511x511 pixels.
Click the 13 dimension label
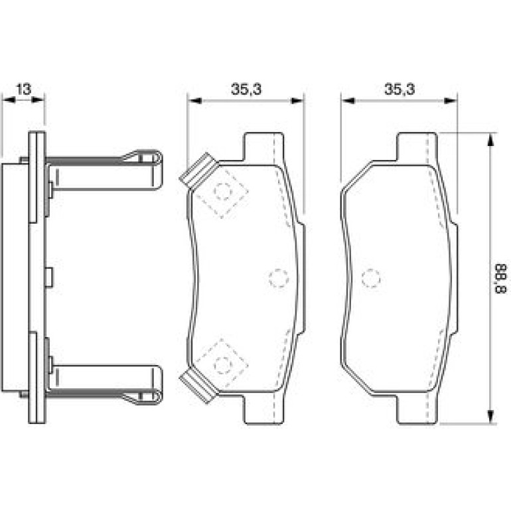24,89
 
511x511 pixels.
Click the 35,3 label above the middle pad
246,89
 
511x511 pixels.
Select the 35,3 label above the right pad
400,89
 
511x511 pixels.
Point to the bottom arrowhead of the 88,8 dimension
490,416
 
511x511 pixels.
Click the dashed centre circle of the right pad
371,278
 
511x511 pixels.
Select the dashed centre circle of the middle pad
279,278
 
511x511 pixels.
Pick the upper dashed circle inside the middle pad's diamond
223,192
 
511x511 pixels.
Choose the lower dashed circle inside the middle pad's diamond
223,365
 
